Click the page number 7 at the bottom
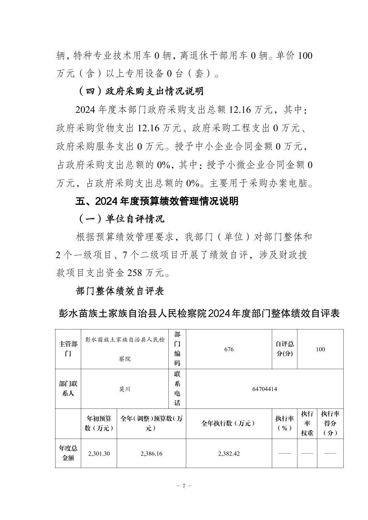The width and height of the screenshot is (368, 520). [x=184, y=486]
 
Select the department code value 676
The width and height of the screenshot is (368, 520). [x=229, y=349]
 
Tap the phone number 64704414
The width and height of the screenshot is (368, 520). [x=265, y=389]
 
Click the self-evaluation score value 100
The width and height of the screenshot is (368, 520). [x=320, y=349]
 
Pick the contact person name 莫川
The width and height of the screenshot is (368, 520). [x=125, y=389]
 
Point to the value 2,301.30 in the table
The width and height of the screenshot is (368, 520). [x=99, y=454]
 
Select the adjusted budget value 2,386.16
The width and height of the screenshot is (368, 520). [x=151, y=454]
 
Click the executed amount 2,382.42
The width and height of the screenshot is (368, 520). [x=229, y=454]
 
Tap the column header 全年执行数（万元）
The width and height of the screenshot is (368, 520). [x=229, y=423]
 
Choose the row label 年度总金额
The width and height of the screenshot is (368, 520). [x=68, y=454]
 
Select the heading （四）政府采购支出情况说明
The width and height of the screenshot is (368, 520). [x=140, y=91]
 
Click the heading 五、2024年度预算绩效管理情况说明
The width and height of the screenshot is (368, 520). [x=157, y=201]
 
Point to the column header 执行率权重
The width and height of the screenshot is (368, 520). [x=307, y=423]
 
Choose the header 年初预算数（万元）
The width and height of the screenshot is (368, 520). [x=99, y=423]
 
